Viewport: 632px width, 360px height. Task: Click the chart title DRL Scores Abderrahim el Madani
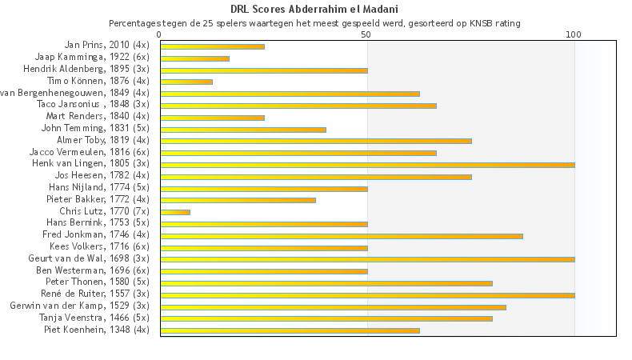314,10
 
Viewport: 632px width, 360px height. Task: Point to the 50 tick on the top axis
366,34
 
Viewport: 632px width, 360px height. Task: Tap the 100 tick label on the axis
573,34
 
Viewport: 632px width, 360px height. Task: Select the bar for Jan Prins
212,46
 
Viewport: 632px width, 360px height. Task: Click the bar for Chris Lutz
175,212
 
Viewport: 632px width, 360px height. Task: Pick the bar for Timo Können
186,82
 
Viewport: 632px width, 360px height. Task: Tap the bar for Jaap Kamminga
194,58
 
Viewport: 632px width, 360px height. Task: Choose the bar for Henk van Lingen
367,165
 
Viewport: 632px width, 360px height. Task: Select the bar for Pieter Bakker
238,200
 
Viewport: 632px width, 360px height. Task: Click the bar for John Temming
243,129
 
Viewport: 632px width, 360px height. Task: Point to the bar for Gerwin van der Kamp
333,306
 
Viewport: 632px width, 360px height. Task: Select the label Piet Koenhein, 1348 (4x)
97,329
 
